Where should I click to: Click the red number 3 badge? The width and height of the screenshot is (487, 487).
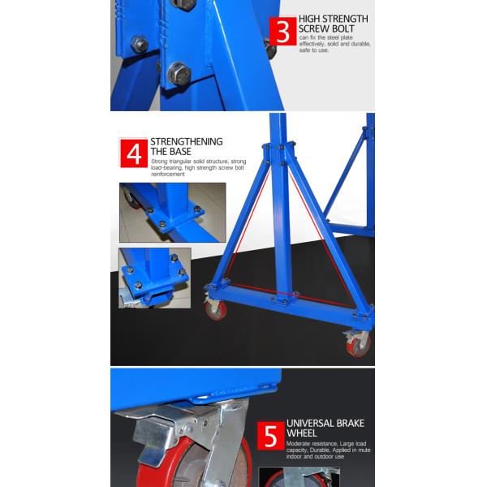[283, 32]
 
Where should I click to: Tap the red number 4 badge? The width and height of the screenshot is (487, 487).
[134, 153]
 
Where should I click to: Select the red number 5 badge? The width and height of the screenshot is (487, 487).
[271, 436]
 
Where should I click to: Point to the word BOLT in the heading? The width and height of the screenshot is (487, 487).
[343, 29]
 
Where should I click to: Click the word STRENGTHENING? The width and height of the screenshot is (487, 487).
[187, 141]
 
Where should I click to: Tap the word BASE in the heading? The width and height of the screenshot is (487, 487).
[180, 152]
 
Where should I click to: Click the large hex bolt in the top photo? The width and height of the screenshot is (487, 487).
[179, 75]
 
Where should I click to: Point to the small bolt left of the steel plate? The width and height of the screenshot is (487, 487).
[139, 44]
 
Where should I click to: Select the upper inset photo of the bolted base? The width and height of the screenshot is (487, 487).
[173, 213]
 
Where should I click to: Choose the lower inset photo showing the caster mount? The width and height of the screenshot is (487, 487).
[155, 278]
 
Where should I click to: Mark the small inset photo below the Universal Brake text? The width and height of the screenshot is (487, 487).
[299, 477]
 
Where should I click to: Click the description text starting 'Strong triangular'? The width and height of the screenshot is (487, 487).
[199, 168]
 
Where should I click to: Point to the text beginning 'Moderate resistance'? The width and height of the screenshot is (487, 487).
[328, 450]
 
